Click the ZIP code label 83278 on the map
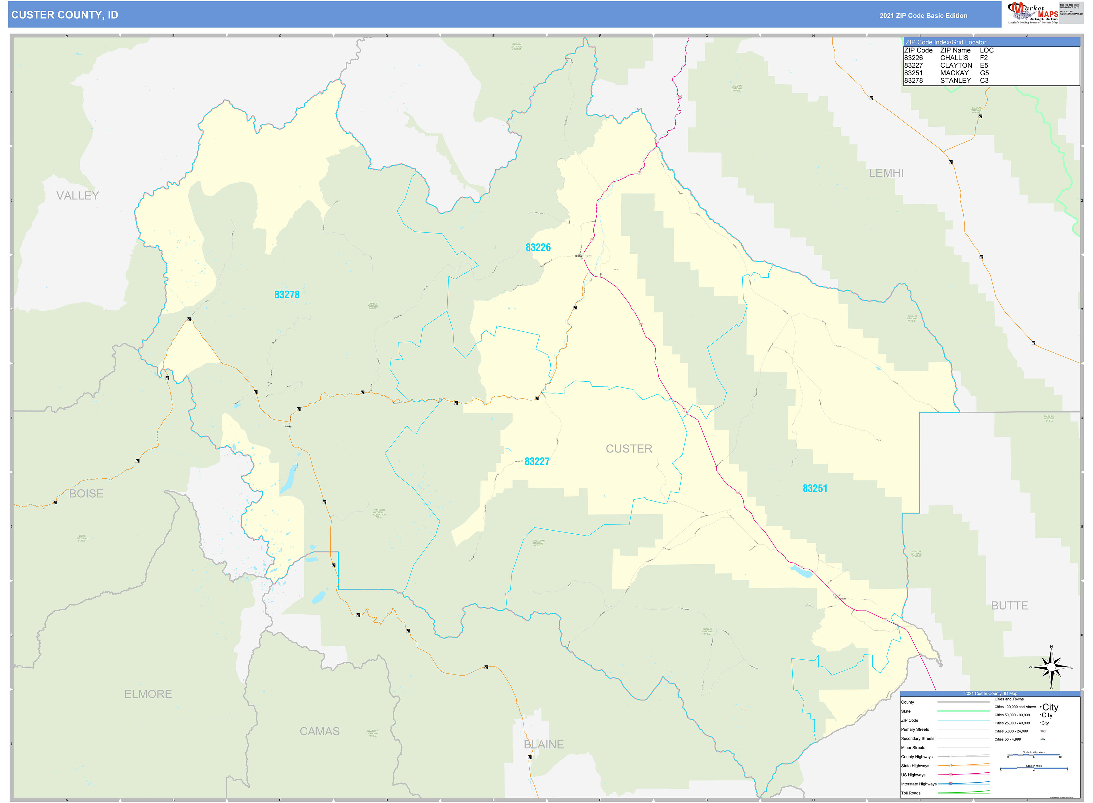(287, 295)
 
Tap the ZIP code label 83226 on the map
(538, 247)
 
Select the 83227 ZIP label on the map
(537, 462)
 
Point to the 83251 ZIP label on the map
(815, 489)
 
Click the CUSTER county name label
(628, 449)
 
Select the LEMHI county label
(886, 173)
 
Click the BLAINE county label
(544, 745)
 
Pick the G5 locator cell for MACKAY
(984, 73)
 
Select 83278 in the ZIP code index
(913, 81)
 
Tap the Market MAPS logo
(1033, 13)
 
